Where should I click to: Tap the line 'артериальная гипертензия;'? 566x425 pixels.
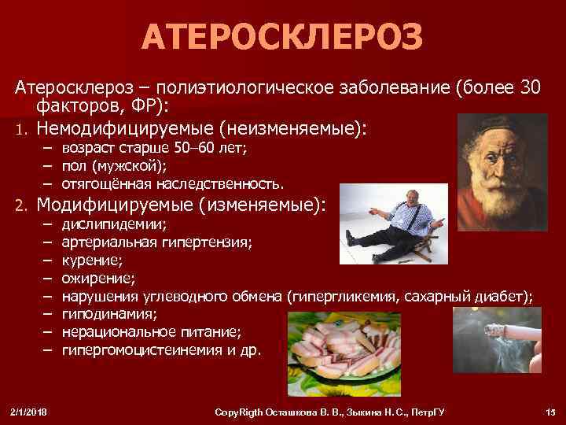(156, 242)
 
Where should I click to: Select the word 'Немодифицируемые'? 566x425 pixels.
(126, 128)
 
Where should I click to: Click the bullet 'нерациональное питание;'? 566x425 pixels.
(151, 331)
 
